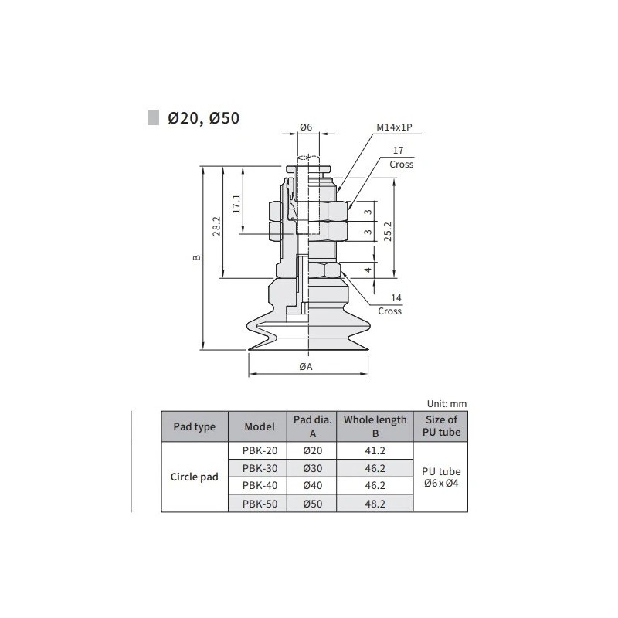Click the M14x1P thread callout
392,128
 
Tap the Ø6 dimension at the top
305,127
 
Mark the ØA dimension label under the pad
305,367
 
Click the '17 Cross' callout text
401,159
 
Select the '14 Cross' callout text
390,304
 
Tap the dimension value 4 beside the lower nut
368,270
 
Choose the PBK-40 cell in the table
258,486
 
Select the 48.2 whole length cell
375,504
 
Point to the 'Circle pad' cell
194,477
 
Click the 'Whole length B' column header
375,426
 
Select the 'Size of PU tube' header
442,426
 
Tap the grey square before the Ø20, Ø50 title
154,117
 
